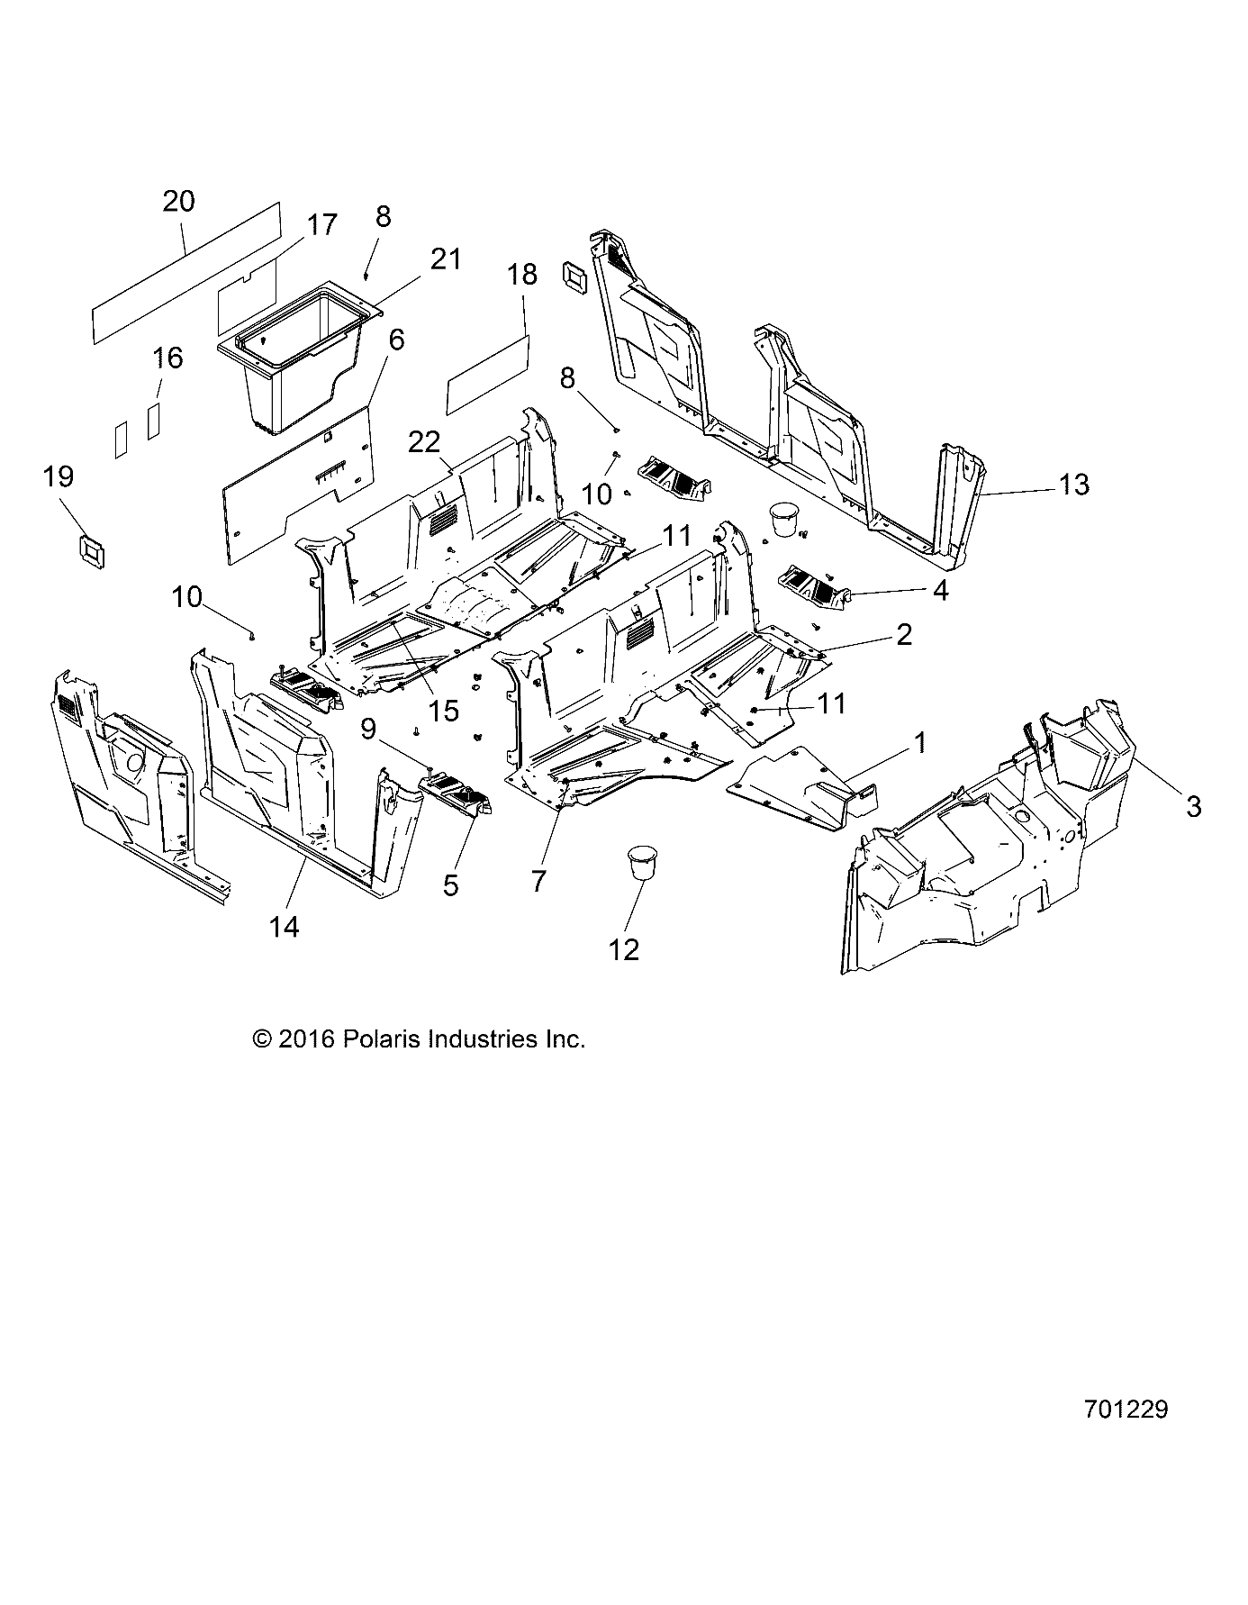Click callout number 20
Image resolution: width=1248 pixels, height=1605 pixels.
click(178, 201)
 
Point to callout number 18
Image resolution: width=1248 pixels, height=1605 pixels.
click(523, 275)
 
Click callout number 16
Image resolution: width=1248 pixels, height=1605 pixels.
click(167, 358)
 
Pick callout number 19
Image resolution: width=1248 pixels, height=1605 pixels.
click(59, 476)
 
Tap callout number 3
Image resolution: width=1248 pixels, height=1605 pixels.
click(1193, 806)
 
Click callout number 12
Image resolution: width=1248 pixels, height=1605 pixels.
click(624, 948)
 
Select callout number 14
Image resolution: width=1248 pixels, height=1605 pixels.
click(284, 926)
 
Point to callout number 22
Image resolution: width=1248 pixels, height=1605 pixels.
click(424, 441)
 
